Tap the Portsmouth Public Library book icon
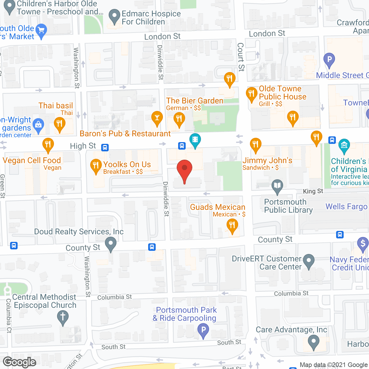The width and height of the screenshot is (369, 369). click(277, 186)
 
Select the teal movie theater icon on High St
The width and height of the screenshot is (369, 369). click(195, 140)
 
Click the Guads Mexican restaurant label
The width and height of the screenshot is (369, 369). click(218, 207)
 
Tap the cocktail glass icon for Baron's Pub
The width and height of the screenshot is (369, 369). click(157, 118)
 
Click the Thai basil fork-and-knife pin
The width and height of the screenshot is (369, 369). click(59, 124)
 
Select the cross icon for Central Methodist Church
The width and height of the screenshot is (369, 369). click(63, 317)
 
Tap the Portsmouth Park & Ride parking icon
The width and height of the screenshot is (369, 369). click(203, 330)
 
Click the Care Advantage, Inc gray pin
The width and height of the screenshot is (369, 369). click(313, 342)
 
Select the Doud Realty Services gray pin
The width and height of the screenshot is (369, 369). click(110, 244)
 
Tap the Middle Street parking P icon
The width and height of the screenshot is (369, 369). click(329, 60)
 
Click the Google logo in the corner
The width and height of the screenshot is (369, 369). click(20, 362)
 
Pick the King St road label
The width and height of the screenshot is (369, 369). click(313, 191)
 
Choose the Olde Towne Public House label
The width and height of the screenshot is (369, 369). click(282, 93)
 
